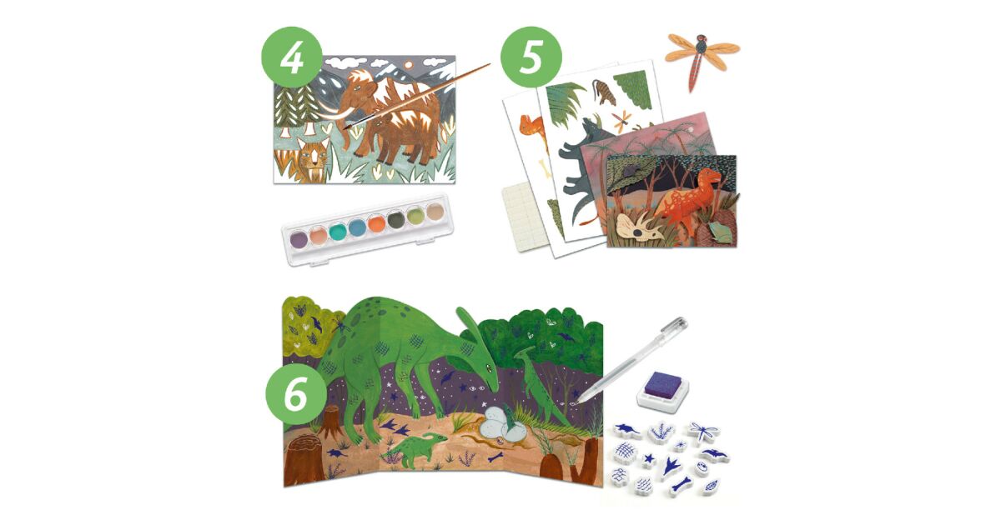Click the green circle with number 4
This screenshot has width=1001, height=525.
(x=292, y=57)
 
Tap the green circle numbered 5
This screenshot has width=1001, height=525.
(x=531, y=57)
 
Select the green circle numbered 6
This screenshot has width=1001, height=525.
(x=296, y=394)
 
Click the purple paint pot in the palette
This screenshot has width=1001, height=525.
(x=298, y=238)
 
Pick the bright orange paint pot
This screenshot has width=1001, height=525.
(x=377, y=223)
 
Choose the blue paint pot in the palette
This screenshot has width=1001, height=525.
(x=357, y=227)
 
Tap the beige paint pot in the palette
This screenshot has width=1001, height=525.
(x=435, y=211)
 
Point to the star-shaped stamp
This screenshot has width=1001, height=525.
(x=649, y=459)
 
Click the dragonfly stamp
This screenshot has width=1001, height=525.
(x=703, y=432)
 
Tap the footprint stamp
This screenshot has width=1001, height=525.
(x=672, y=465)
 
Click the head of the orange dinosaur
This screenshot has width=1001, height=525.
(x=708, y=176)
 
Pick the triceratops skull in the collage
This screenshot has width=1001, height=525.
(x=637, y=227)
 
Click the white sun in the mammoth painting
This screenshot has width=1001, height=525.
(x=408, y=65)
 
